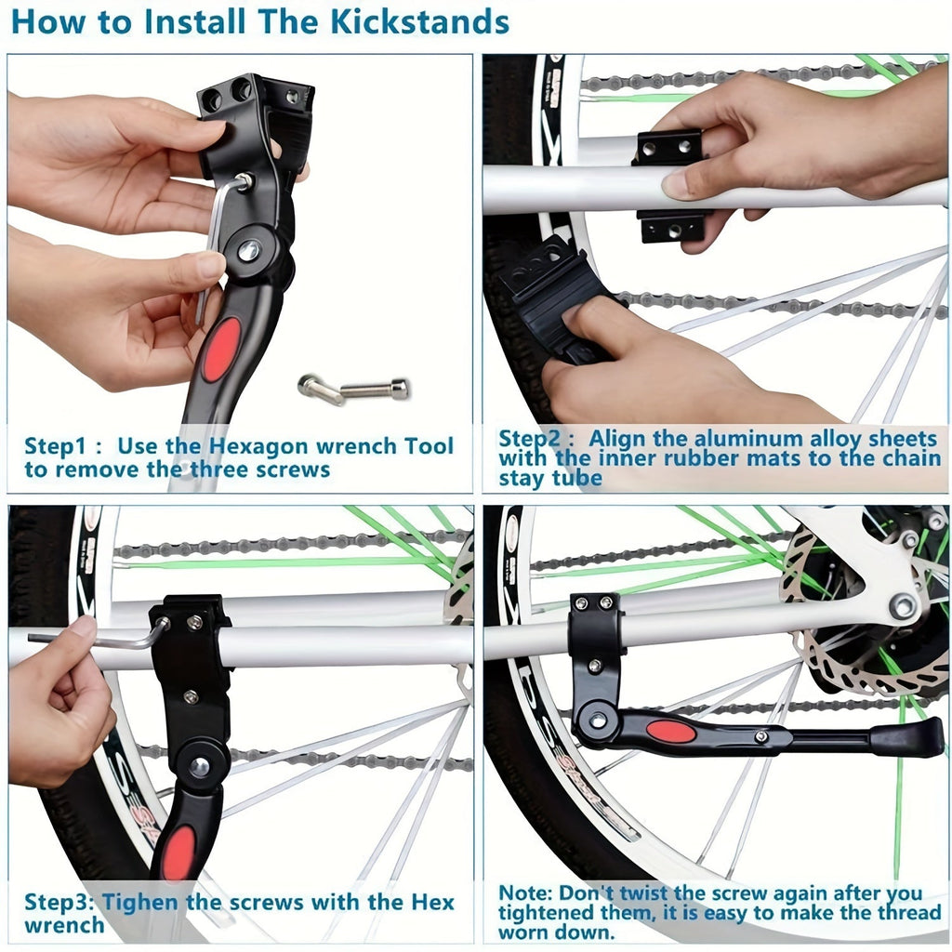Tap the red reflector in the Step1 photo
point(221,350)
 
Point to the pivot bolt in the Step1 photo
point(248,250)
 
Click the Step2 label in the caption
point(534,438)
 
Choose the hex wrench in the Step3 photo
point(93,640)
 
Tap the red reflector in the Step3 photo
point(178,852)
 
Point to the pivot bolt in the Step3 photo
point(200,766)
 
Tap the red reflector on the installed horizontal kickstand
point(671,732)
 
